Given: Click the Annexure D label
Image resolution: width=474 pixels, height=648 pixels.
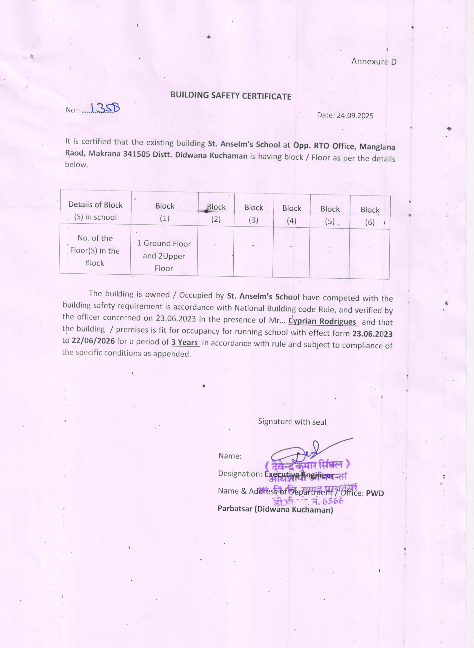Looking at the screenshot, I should pos(374,61).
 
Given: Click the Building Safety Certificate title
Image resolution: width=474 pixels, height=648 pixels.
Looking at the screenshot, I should pos(230,96).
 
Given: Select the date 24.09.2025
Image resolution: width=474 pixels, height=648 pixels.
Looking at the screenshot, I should pos(355,116).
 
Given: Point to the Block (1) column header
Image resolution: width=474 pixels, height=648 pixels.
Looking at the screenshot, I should pos(164,212).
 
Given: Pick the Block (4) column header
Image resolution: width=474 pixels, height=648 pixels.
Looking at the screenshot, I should pos(292,214).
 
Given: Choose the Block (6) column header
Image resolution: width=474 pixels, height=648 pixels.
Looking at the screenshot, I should pos(370,216).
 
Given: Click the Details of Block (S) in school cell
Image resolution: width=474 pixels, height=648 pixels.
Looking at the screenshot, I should pos(95,211).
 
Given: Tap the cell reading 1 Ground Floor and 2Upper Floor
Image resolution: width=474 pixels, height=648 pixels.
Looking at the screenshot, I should pos(164,256).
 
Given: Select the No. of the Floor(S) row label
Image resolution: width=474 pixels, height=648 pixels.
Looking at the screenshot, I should pos(95,251).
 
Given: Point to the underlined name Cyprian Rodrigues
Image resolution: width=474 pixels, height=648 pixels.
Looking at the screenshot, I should pos(322,321).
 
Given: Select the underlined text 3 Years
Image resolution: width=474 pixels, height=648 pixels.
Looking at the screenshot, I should pos(184,342).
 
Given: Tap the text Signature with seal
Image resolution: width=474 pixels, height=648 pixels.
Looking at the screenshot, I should pos(292,421).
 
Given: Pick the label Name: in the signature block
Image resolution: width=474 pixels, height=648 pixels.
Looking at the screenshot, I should pos(230,456).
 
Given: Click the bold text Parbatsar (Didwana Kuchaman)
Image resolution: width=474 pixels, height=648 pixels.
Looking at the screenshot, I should pos(275,509).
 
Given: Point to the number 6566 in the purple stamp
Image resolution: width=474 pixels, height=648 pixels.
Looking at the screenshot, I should pos(332,501).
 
